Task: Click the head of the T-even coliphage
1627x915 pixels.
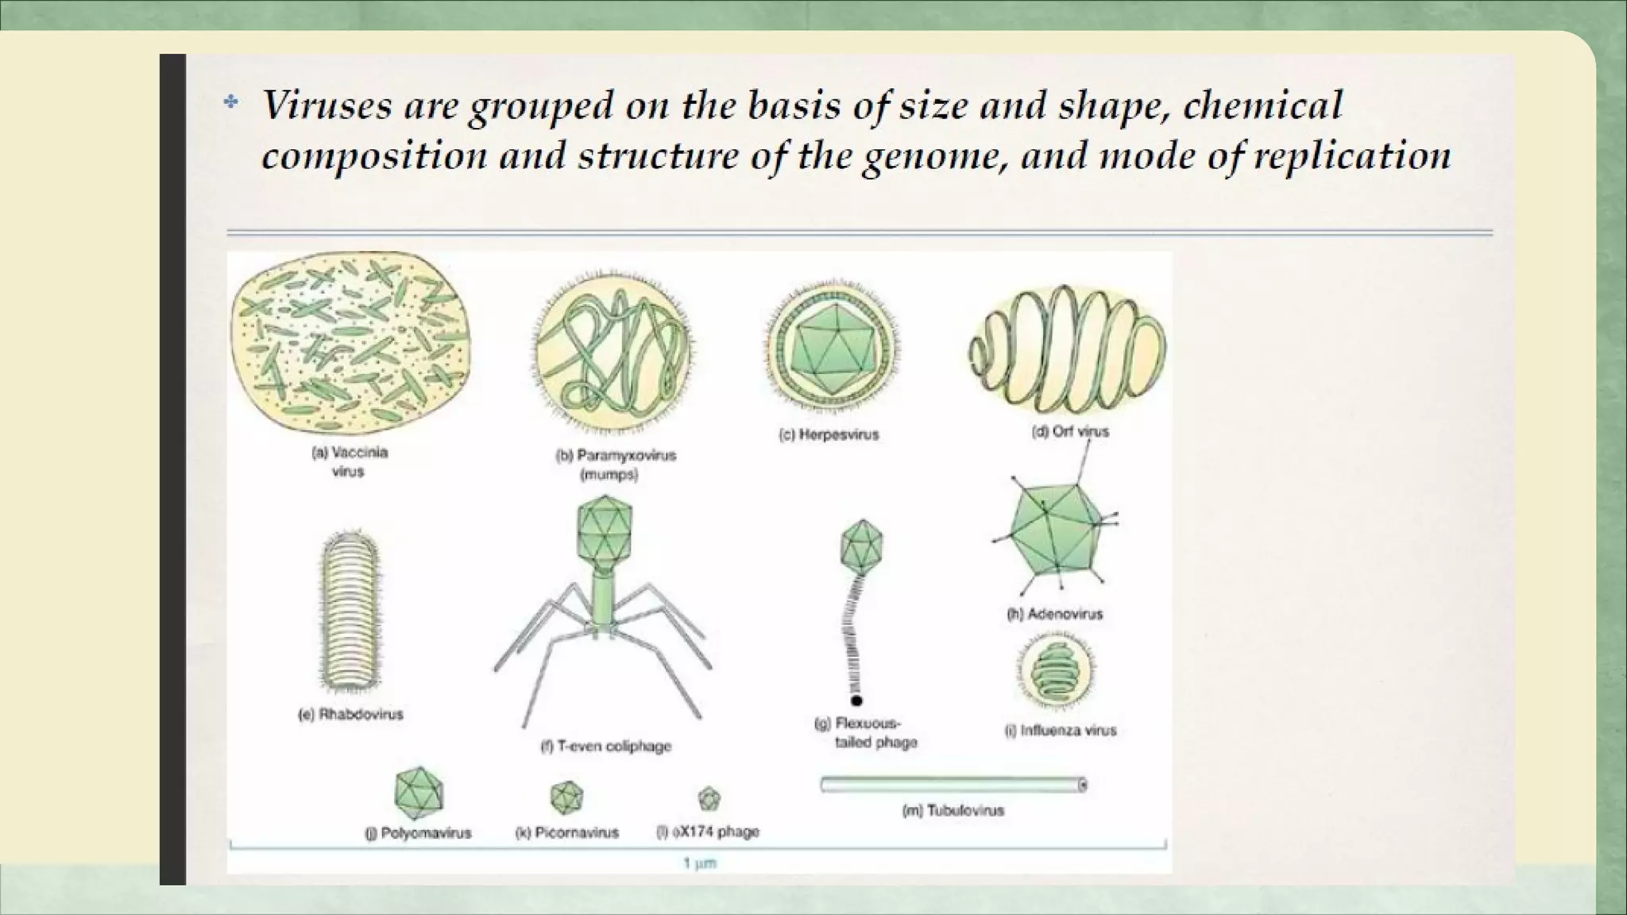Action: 605,527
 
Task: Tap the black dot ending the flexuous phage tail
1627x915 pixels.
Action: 856,701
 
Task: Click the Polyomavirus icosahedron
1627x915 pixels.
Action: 419,793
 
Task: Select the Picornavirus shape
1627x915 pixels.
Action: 566,797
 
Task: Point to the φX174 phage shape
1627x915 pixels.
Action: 709,798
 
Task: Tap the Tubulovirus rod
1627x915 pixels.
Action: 953,785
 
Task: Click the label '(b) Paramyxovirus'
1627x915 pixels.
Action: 615,456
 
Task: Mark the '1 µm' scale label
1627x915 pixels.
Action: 700,863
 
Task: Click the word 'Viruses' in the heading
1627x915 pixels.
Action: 327,106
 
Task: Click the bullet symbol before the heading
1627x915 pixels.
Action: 231,102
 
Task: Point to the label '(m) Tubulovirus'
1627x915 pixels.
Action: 953,811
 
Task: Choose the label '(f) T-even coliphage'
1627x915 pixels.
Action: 605,747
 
